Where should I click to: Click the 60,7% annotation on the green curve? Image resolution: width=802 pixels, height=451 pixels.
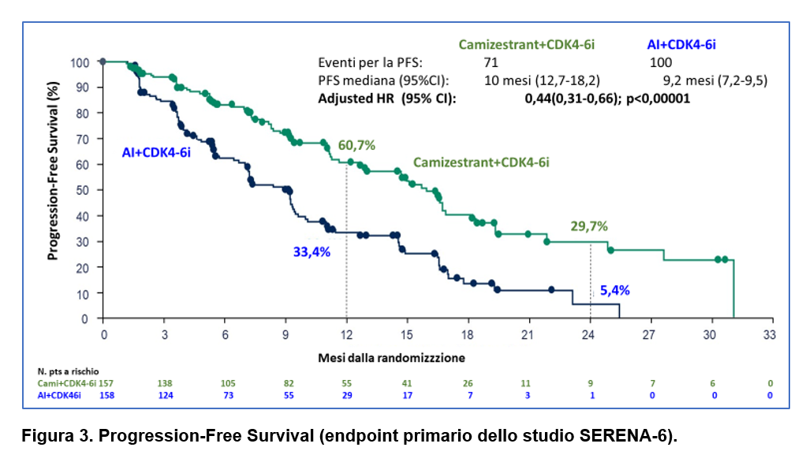click(x=356, y=145)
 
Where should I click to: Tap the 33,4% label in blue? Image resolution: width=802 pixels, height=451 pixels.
click(x=311, y=252)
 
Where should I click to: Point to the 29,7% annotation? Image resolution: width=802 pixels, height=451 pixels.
click(x=589, y=226)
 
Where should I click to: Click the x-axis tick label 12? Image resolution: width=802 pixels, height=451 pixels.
click(x=346, y=334)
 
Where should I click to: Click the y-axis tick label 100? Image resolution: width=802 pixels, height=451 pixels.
click(x=79, y=62)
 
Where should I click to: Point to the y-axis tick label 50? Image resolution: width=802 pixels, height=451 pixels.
click(x=82, y=191)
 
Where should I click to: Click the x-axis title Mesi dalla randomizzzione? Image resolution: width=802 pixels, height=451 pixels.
click(x=402, y=357)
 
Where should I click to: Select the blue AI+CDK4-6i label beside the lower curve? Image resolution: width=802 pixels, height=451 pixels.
click(x=156, y=152)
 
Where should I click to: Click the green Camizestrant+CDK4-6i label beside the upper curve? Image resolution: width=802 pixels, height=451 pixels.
click(x=481, y=162)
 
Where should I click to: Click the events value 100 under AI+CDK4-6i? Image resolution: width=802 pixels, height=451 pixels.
click(x=660, y=62)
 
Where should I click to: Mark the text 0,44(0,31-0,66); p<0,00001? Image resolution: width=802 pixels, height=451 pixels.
click(x=607, y=99)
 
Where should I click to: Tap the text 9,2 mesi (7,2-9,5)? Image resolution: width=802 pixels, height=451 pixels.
click(x=716, y=80)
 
